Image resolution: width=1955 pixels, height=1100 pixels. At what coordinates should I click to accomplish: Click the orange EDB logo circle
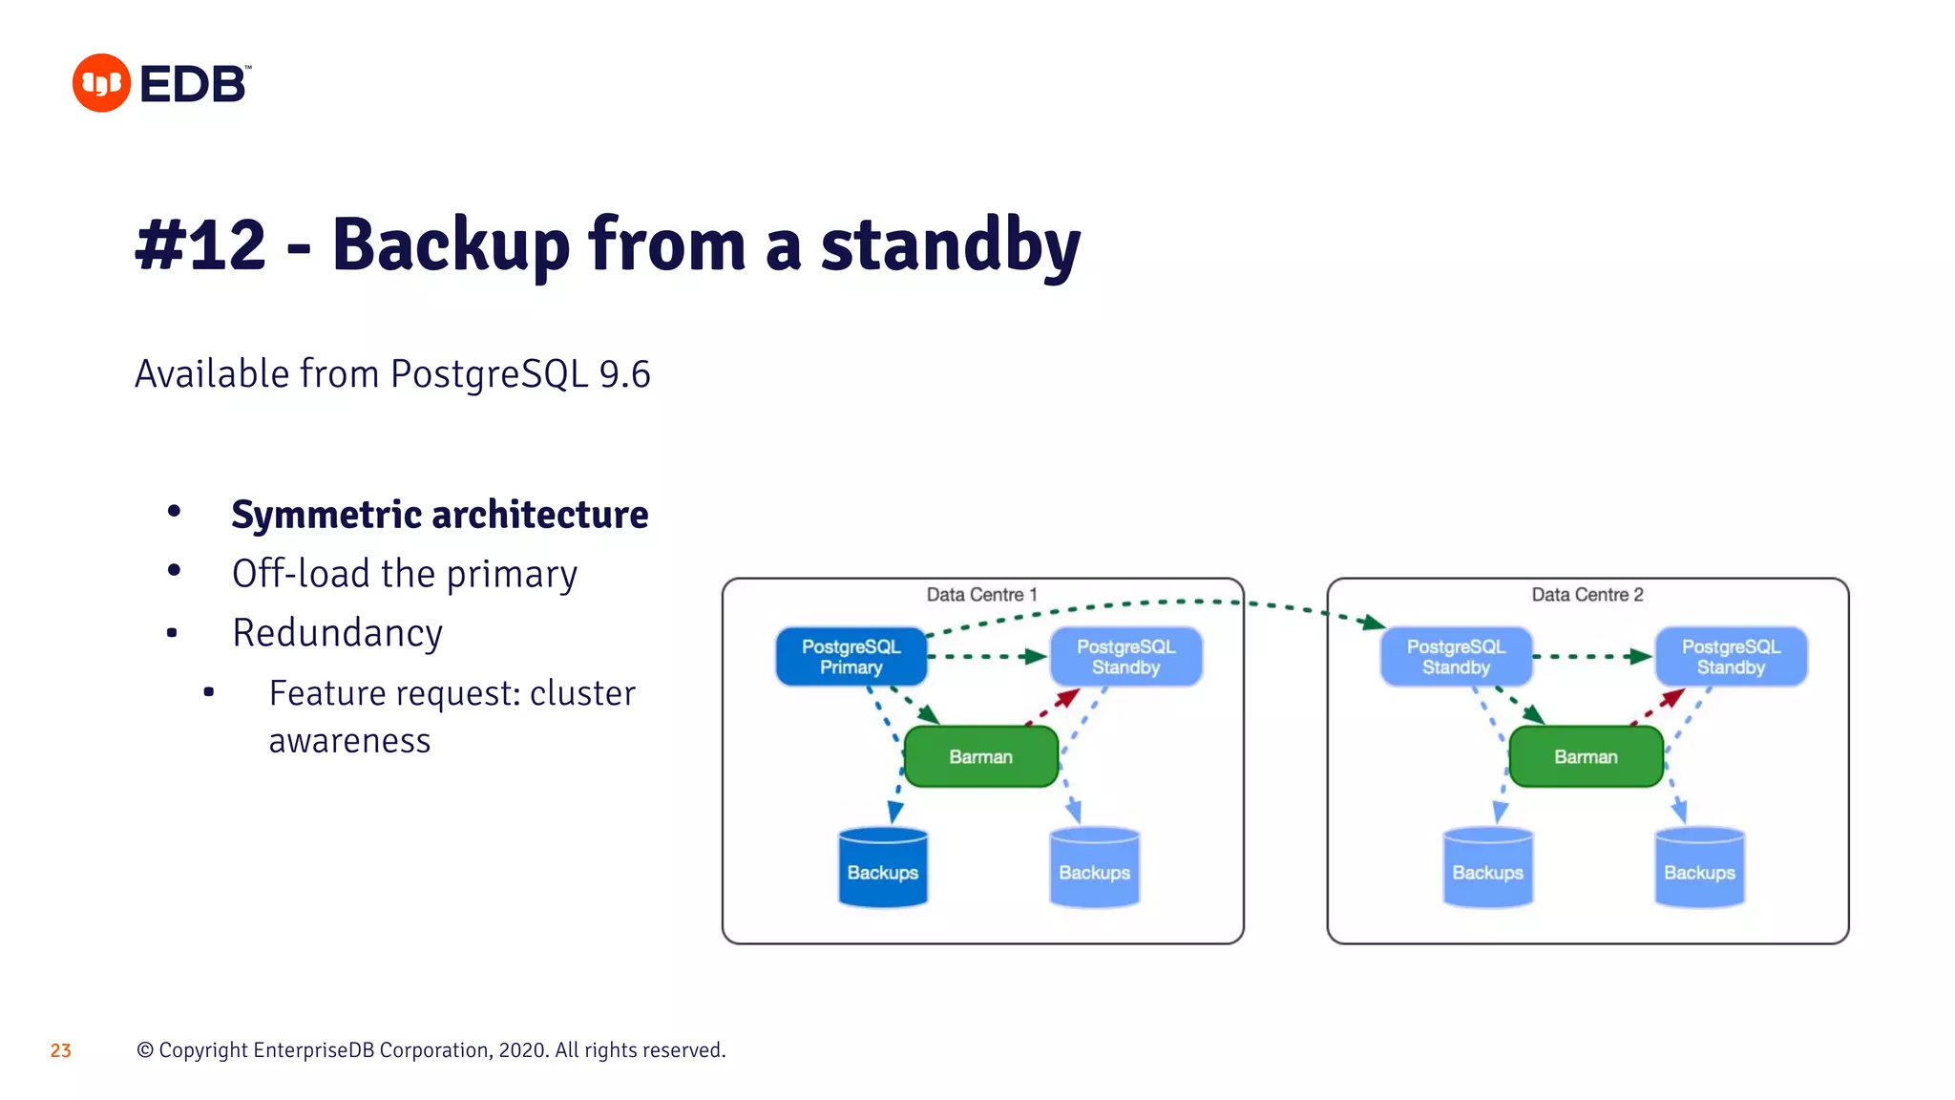[x=101, y=83]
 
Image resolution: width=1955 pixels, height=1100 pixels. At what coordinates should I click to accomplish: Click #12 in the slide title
[x=200, y=245]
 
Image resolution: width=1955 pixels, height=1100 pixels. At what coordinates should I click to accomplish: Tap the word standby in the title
[x=950, y=245]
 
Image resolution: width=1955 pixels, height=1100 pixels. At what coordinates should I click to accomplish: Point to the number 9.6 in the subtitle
[x=624, y=374]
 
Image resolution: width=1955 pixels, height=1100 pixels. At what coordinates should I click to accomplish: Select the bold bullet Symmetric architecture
[x=439, y=515]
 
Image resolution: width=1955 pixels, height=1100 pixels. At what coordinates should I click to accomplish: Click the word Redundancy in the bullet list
[x=337, y=633]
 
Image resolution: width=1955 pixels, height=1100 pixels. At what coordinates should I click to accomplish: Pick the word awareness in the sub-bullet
[x=349, y=741]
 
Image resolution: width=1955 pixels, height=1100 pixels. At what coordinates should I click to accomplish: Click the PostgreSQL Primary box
[x=851, y=657]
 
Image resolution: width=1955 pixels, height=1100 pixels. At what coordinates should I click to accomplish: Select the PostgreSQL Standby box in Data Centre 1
[x=1125, y=657]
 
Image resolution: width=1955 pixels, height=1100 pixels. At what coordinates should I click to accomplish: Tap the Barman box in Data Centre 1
[x=980, y=757]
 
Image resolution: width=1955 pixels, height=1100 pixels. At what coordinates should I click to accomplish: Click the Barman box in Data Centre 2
[x=1586, y=757]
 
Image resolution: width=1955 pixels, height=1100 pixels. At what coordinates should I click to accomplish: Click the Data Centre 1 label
[x=981, y=595]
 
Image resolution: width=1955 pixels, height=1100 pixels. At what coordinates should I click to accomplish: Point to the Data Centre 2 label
[x=1587, y=595]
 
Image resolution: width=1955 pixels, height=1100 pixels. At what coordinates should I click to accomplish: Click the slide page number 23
[x=61, y=1050]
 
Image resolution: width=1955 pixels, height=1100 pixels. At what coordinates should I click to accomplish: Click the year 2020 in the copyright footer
[x=522, y=1050]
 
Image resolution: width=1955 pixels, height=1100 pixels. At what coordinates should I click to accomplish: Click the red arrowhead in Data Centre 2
[x=1671, y=698]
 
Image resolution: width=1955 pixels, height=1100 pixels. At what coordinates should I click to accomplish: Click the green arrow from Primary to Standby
[x=988, y=657]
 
